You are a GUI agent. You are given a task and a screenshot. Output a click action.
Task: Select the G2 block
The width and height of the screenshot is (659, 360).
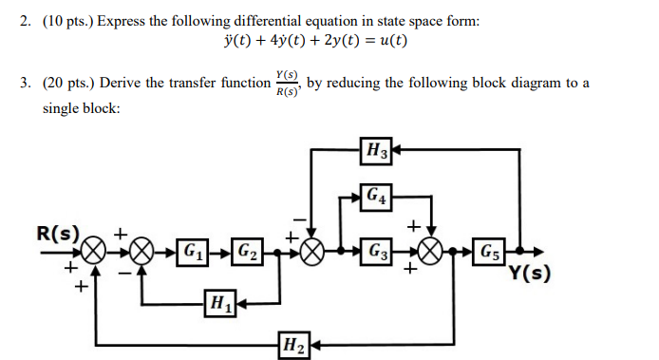coord(247,253)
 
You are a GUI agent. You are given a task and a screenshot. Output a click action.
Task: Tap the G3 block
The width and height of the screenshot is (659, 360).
coord(376,253)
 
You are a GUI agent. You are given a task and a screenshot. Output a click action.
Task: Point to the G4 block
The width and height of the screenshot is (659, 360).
coord(376,198)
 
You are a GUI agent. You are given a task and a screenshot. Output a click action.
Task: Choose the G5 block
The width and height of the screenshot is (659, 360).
coord(490,253)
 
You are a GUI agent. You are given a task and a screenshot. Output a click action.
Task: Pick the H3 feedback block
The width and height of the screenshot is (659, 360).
coord(376,149)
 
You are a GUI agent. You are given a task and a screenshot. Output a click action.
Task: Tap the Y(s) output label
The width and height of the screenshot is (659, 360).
coord(530,275)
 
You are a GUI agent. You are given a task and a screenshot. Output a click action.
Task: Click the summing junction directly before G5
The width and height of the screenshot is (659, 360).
coord(432,253)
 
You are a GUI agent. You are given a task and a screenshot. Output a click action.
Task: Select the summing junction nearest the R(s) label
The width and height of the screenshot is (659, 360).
coord(93,253)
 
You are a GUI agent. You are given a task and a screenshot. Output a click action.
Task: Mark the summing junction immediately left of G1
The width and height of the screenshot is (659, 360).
coord(142,253)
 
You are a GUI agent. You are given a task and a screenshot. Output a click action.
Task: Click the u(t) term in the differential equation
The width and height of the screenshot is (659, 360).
coord(393,41)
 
